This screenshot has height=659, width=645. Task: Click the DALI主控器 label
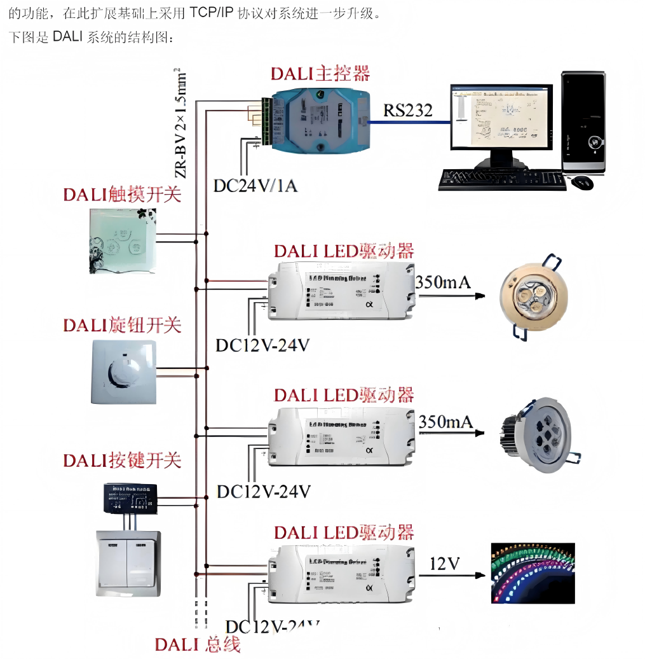pyautogui.click(x=320, y=74)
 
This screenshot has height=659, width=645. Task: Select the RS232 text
pyautogui.click(x=407, y=111)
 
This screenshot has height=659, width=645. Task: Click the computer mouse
pyautogui.click(x=581, y=183)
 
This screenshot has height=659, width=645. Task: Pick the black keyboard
pyautogui.click(x=501, y=179)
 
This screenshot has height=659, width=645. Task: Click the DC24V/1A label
pyautogui.click(x=255, y=186)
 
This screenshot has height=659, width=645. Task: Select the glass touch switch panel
pyautogui.click(x=122, y=241)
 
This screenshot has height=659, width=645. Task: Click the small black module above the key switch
pyautogui.click(x=130, y=498)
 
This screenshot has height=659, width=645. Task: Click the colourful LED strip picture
pyautogui.click(x=533, y=572)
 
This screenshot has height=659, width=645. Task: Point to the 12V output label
pyautogui.click(x=445, y=564)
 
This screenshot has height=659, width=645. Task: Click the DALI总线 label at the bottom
pyautogui.click(x=198, y=644)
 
